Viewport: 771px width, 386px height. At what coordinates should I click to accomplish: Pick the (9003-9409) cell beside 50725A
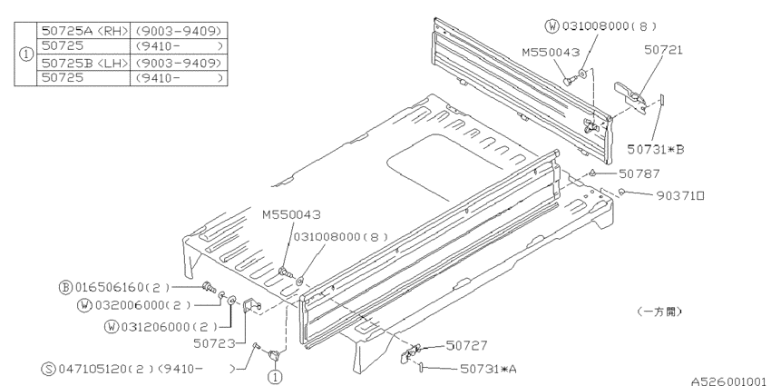[x=179, y=30]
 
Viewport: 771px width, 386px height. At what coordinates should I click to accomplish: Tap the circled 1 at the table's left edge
[x=24, y=54]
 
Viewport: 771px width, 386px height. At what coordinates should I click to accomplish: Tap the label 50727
[x=466, y=345]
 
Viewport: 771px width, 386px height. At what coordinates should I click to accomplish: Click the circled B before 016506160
[x=65, y=287]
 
